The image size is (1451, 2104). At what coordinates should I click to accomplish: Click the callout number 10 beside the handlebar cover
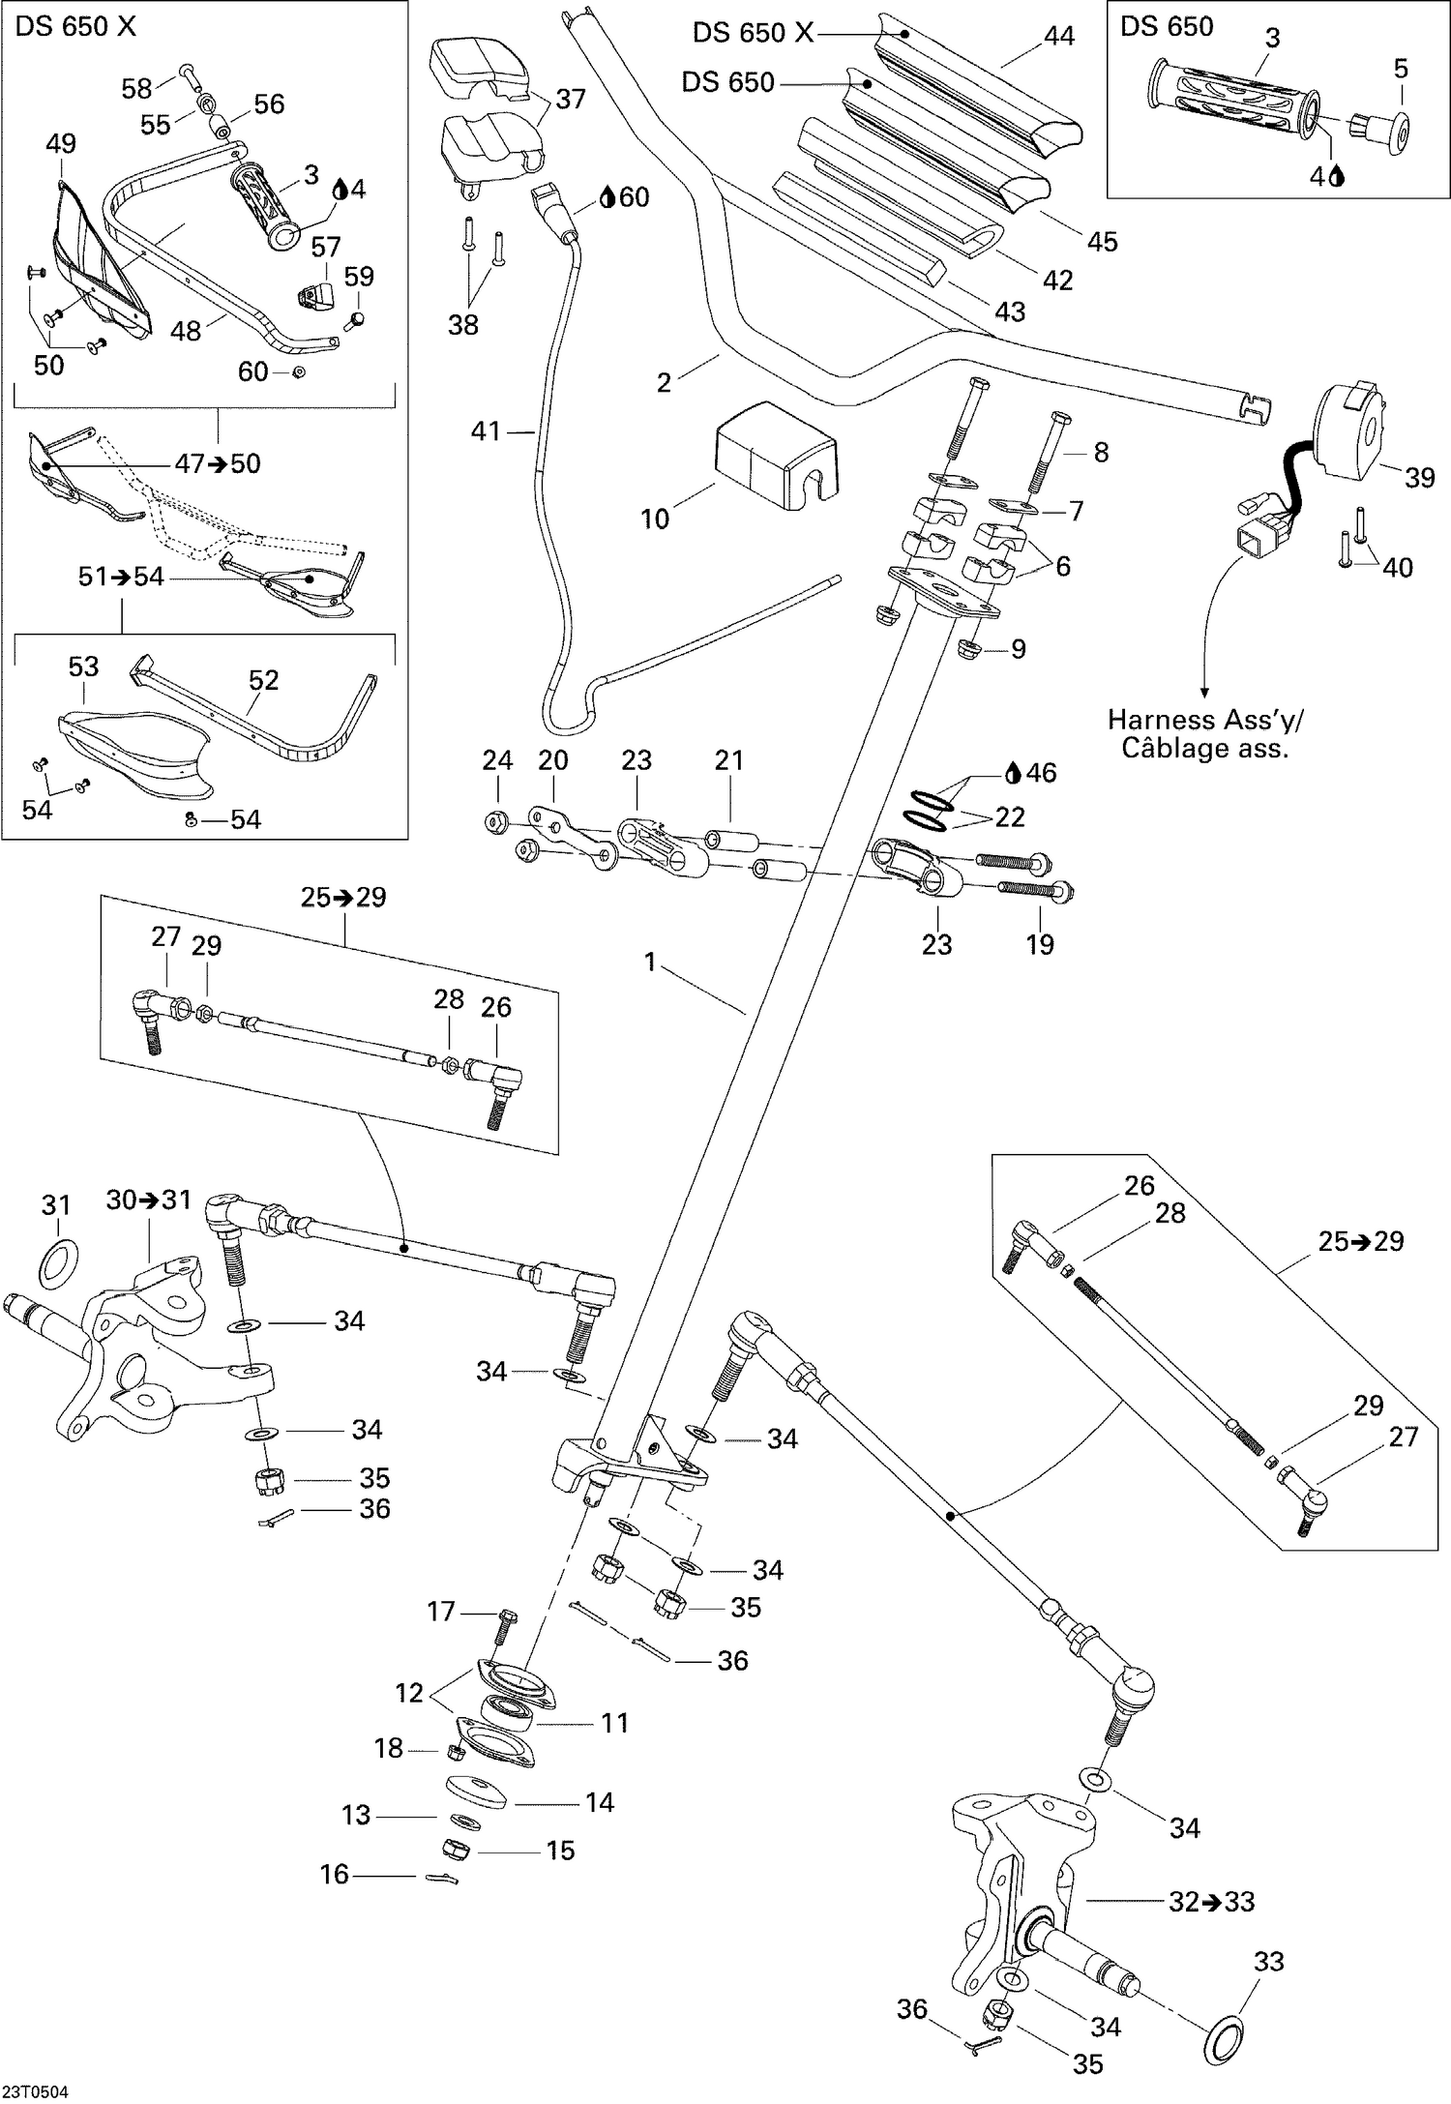(655, 519)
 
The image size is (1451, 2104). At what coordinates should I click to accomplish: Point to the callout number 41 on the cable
(486, 430)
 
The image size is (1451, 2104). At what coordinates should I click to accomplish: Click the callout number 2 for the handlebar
(664, 382)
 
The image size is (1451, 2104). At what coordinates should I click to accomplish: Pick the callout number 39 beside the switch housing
(1418, 478)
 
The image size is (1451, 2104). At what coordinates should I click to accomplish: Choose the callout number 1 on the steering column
(651, 962)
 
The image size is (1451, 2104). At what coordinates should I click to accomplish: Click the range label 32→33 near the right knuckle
(1211, 1901)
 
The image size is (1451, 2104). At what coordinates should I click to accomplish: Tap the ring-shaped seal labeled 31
(58, 1260)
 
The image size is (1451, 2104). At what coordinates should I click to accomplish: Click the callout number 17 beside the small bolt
(441, 1611)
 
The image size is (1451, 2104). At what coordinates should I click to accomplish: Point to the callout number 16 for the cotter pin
(334, 1875)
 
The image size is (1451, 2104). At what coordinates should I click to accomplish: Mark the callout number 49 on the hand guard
(61, 144)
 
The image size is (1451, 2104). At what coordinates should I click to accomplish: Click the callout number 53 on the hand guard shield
(83, 667)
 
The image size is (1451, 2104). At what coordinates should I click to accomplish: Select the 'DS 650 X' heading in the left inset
(75, 27)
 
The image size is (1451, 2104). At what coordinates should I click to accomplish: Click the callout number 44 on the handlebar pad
(1059, 36)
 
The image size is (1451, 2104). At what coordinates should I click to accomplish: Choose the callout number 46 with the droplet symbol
(1041, 772)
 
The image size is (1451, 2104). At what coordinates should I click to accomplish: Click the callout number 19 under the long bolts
(1040, 944)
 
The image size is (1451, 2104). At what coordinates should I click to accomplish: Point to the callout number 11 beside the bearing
(615, 1723)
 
